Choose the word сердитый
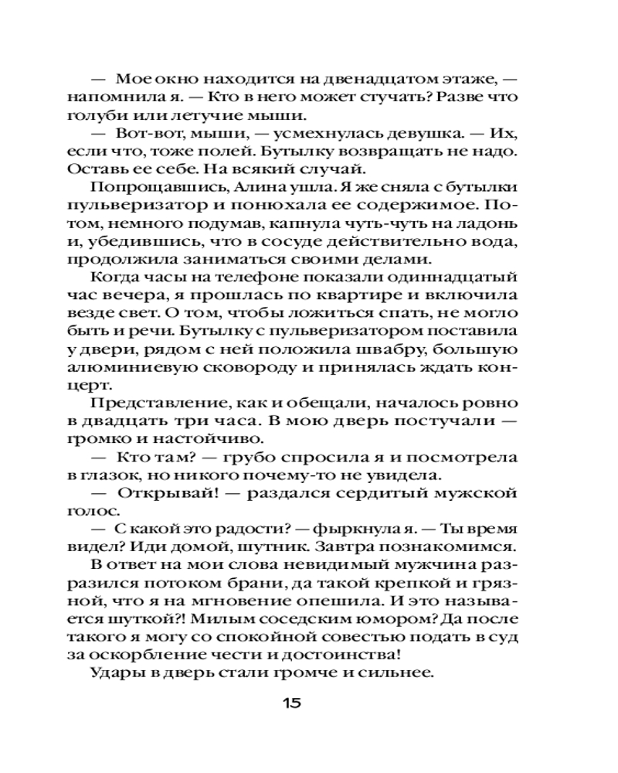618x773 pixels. [x=369, y=492]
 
